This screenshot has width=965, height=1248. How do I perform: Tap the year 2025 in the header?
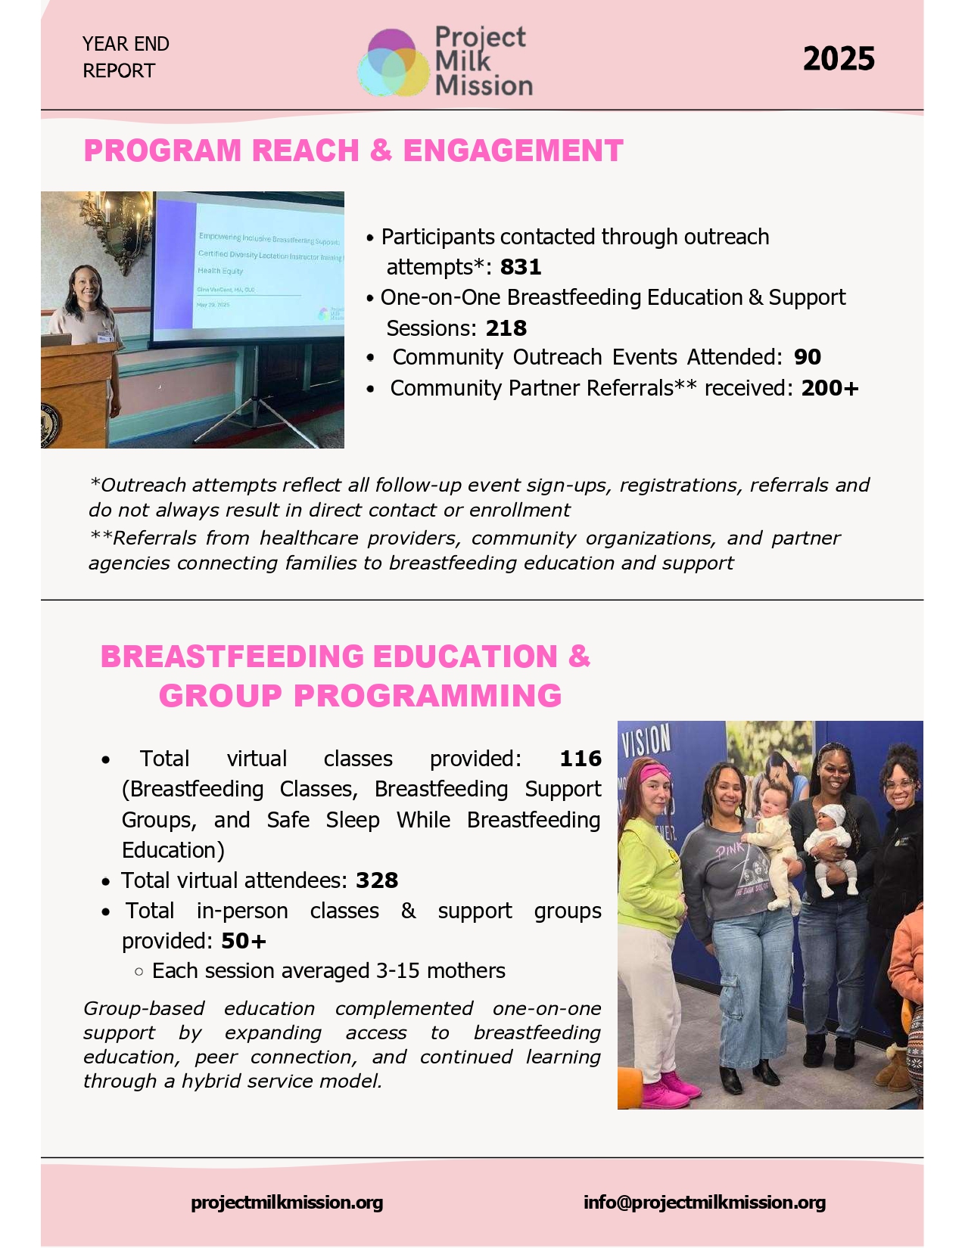coord(839,59)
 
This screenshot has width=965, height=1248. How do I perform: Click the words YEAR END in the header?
coord(126,44)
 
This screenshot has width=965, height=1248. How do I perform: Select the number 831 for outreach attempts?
coord(521,267)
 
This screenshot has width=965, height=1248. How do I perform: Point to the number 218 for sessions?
coord(506,328)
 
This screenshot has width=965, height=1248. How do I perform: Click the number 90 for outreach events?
coord(808,357)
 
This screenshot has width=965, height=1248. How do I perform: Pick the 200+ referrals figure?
coord(830,388)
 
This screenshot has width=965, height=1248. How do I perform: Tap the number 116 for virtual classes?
coord(581,759)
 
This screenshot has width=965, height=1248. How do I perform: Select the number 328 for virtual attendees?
coord(377,880)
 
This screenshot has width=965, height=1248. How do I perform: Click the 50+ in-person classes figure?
coord(244,941)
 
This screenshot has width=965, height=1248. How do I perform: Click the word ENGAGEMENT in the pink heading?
coord(513,151)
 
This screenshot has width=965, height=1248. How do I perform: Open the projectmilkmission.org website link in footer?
coord(287,1203)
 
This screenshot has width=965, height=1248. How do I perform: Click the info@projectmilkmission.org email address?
coord(705,1203)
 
